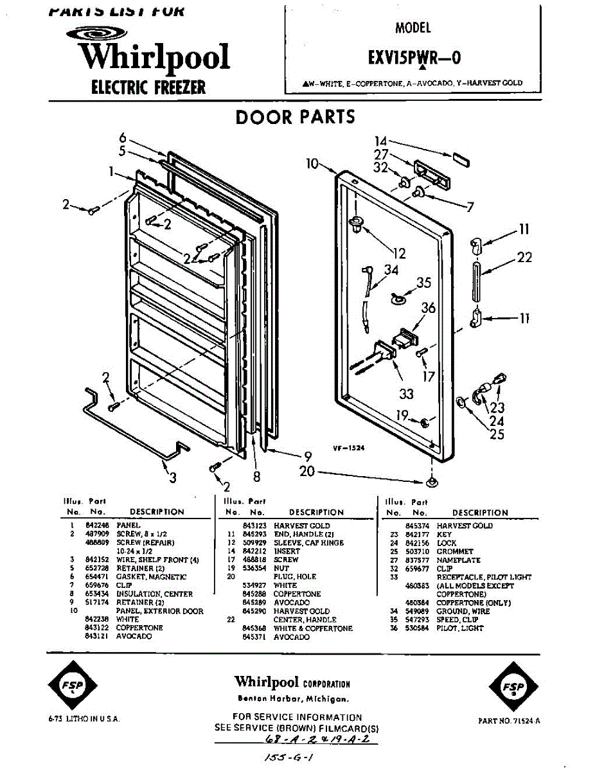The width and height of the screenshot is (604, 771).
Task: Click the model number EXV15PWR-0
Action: pyautogui.click(x=413, y=58)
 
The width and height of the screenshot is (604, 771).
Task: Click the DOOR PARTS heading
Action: pyautogui.click(x=295, y=117)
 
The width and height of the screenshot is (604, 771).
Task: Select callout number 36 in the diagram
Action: pyautogui.click(x=429, y=308)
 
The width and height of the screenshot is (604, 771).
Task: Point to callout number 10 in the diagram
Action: pyautogui.click(x=313, y=164)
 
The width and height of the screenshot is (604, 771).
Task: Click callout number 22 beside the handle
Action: pyautogui.click(x=524, y=257)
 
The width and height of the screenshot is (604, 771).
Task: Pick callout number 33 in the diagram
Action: pyautogui.click(x=406, y=393)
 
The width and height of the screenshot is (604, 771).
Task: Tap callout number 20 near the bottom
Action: pyautogui.click(x=308, y=472)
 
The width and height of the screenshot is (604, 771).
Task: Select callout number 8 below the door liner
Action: pyautogui.click(x=256, y=477)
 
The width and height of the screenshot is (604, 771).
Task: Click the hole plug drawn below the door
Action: pyautogui.click(x=432, y=481)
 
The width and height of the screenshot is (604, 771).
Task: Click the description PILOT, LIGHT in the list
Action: pyautogui.click(x=459, y=628)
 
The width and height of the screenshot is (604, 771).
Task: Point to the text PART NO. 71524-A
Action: pyautogui.click(x=509, y=721)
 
